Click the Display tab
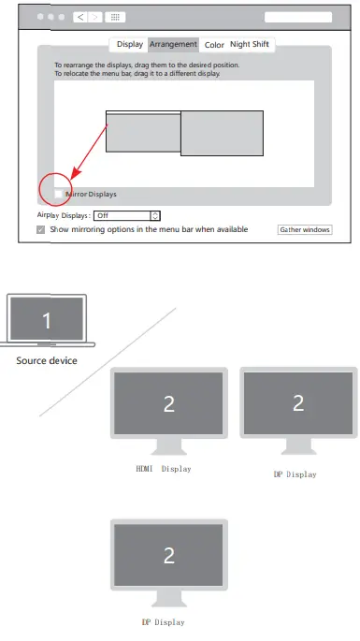click(130, 44)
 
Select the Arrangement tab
click(173, 44)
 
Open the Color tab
click(214, 44)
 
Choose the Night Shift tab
click(250, 44)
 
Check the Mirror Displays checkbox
click(58, 194)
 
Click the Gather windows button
click(305, 229)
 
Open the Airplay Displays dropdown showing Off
click(122, 215)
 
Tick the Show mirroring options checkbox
click(40, 229)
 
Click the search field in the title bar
click(298, 17)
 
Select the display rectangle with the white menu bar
click(142, 131)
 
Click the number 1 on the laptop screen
click(47, 321)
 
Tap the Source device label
click(47, 360)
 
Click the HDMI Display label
click(164, 468)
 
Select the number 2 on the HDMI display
click(169, 403)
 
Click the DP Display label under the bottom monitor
click(164, 621)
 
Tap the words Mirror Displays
click(92, 194)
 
